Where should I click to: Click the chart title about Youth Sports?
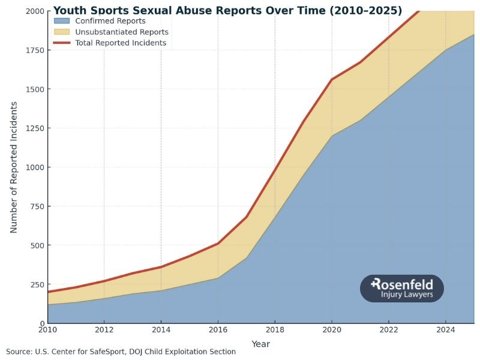[227, 11]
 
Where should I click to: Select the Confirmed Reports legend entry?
[110, 21]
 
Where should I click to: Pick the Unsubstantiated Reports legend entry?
[121, 32]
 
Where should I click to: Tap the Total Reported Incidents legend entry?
[121, 43]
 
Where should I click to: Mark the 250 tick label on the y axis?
[35, 284]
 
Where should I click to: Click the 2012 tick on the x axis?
[104, 329]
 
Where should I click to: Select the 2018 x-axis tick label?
[275, 329]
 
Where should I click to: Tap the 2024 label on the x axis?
[446, 329]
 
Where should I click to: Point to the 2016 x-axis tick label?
[218, 329]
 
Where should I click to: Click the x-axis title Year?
[260, 344]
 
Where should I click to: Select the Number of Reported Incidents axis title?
[14, 167]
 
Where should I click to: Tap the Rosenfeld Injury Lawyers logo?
[401, 289]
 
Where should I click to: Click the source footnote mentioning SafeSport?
[121, 352]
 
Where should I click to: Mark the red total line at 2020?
[332, 79]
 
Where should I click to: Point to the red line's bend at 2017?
[247, 217]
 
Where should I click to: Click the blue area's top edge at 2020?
[332, 136]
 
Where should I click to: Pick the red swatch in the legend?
[62, 43]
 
